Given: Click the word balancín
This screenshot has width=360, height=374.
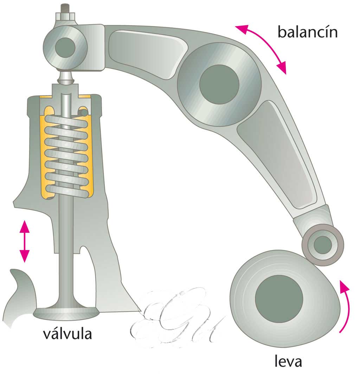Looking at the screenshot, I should coord(307,32).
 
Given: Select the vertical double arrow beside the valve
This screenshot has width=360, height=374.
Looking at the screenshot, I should coord(24,241).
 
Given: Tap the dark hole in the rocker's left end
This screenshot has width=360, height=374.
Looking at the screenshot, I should coord(65,46).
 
